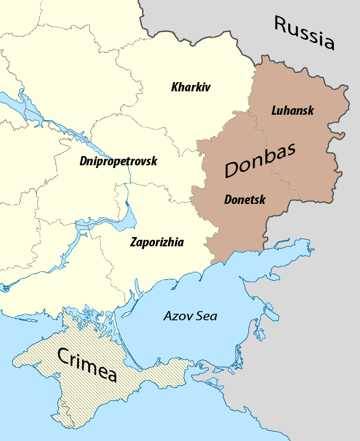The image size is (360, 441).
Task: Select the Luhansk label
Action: click(x=293, y=110)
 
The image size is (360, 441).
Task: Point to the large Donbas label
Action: click(x=260, y=161)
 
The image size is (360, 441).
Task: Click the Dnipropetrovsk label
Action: click(x=118, y=162)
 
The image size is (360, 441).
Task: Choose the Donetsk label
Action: click(x=245, y=200)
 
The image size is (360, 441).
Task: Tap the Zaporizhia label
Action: click(x=157, y=243)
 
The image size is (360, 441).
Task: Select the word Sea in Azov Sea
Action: click(x=207, y=316)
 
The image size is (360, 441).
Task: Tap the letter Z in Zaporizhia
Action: click(x=133, y=243)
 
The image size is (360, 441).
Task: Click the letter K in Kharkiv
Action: click(x=175, y=87)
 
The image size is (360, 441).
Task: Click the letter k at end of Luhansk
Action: click(x=311, y=110)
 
